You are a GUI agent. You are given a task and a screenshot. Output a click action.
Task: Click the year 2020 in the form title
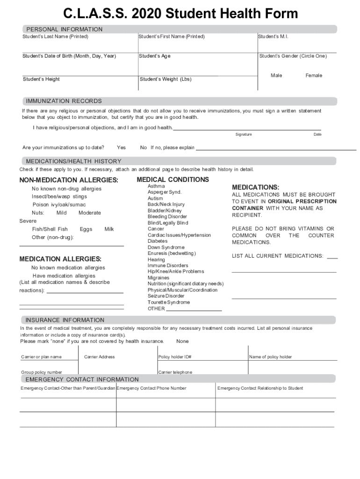pyautogui.click(x=147, y=14)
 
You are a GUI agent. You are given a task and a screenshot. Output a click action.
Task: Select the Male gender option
pyautogui.click(x=276, y=75)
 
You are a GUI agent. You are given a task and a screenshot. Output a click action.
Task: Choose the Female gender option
pyautogui.click(x=314, y=75)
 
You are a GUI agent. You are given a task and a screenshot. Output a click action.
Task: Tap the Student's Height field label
pyautogui.click(x=41, y=79)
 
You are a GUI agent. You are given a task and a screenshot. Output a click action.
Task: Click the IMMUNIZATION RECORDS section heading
pyautogui.click(x=64, y=101)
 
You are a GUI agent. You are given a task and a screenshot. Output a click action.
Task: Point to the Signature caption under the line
pyautogui.click(x=244, y=134)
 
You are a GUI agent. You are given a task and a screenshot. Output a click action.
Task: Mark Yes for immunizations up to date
pyautogui.click(x=121, y=147)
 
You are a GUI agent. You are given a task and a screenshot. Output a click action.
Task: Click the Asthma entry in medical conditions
pyautogui.click(x=156, y=186)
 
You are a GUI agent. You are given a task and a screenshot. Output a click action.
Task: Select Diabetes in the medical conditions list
pyautogui.click(x=158, y=241)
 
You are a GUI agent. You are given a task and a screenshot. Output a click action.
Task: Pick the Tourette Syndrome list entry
pyautogui.click(x=169, y=302)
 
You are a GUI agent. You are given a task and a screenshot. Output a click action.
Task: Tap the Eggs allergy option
pyautogui.click(x=86, y=229)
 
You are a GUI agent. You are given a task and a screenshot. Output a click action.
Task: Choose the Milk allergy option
pyautogui.click(x=109, y=229)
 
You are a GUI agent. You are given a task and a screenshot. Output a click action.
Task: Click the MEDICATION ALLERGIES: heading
pyautogui.click(x=60, y=259)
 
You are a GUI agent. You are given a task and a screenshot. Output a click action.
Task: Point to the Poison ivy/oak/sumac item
pyautogui.click(x=59, y=205)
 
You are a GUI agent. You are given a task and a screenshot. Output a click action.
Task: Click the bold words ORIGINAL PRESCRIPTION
pyautogui.click(x=302, y=201)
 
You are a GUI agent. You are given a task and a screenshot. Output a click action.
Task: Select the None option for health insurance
pyautogui.click(x=183, y=341)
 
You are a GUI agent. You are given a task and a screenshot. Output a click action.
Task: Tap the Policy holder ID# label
pyautogui.click(x=175, y=357)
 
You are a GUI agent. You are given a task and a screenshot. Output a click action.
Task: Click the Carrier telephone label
pyautogui.click(x=175, y=372)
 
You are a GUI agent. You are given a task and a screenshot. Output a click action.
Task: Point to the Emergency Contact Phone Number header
pyautogui.click(x=151, y=388)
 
